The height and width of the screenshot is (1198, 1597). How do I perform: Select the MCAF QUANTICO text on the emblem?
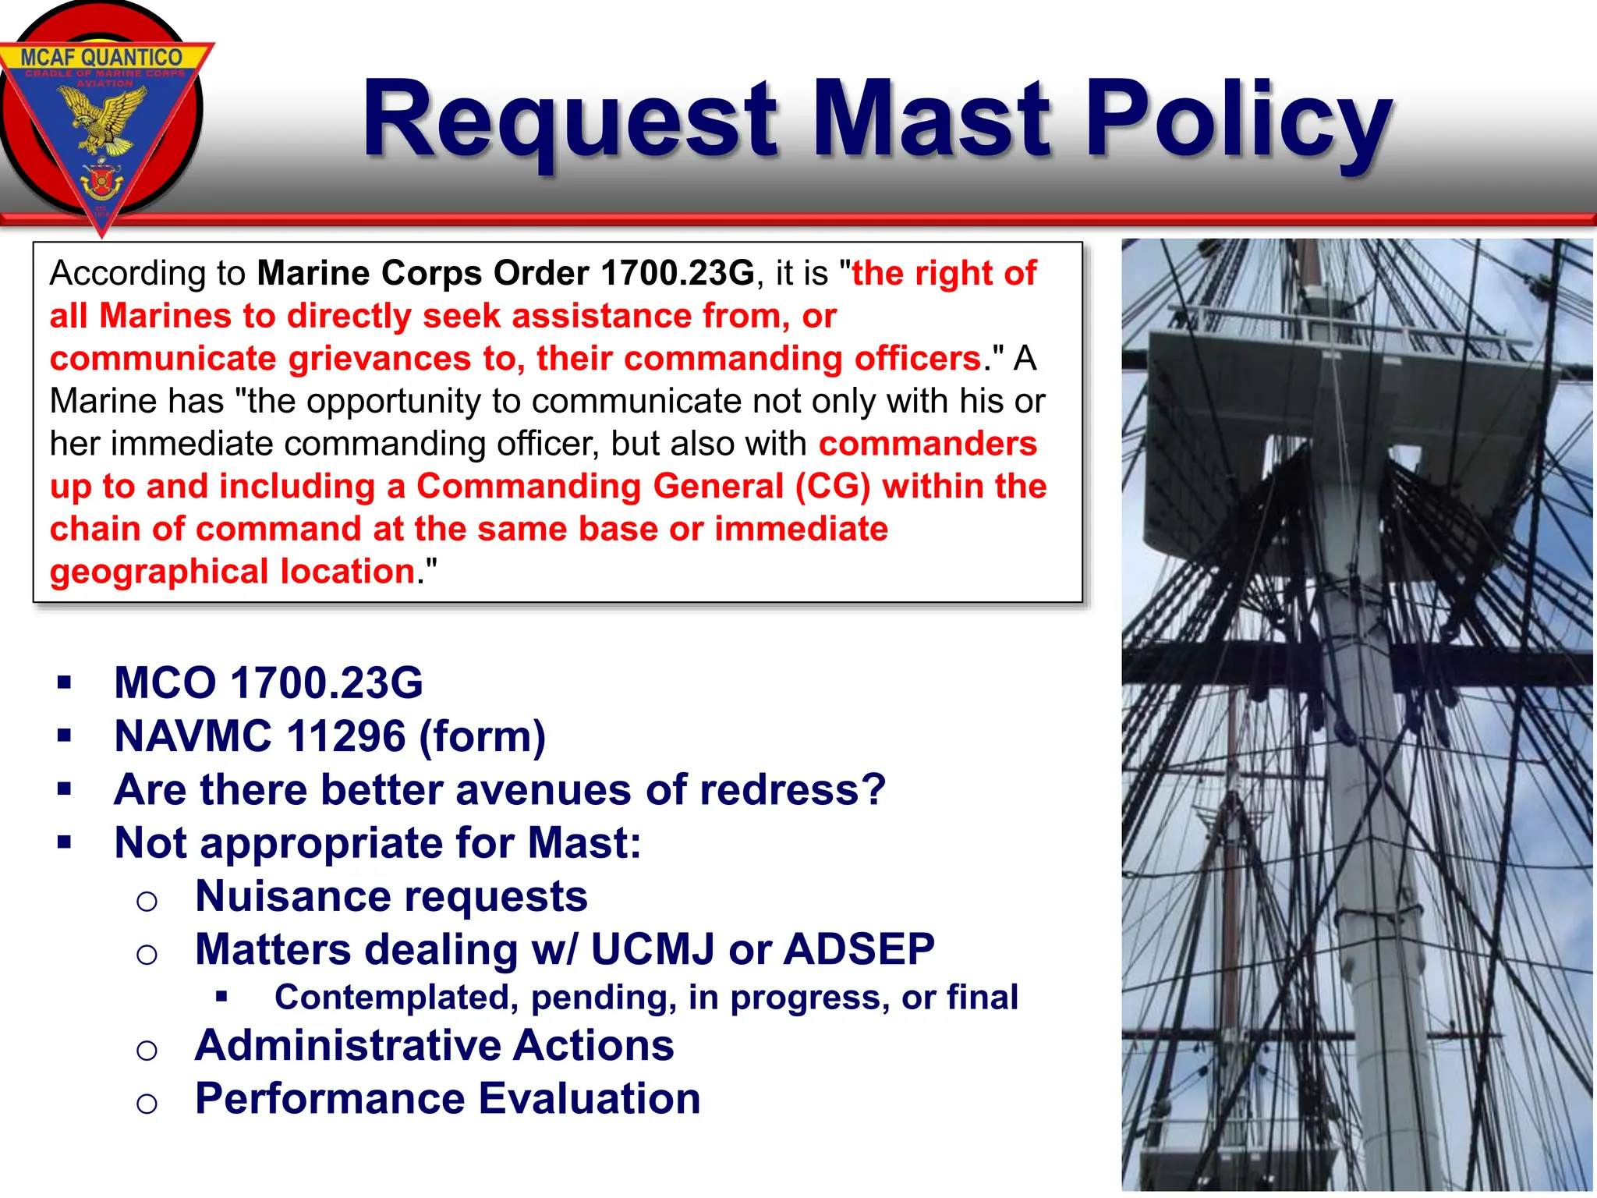[101, 57]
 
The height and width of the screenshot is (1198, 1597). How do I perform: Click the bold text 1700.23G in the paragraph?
[677, 273]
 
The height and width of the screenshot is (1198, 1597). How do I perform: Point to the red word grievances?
[379, 359]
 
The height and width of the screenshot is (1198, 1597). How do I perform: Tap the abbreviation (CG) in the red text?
[832, 487]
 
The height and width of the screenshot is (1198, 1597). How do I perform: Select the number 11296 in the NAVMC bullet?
[346, 736]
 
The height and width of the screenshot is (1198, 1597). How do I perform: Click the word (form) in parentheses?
[482, 736]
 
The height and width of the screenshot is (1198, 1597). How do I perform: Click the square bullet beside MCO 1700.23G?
[65, 683]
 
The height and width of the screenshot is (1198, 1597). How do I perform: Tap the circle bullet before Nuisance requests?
[147, 902]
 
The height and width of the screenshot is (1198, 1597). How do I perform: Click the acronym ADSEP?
[859, 949]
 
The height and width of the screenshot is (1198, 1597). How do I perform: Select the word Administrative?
[348, 1045]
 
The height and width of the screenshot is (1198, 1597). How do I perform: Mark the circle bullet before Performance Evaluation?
[147, 1103]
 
